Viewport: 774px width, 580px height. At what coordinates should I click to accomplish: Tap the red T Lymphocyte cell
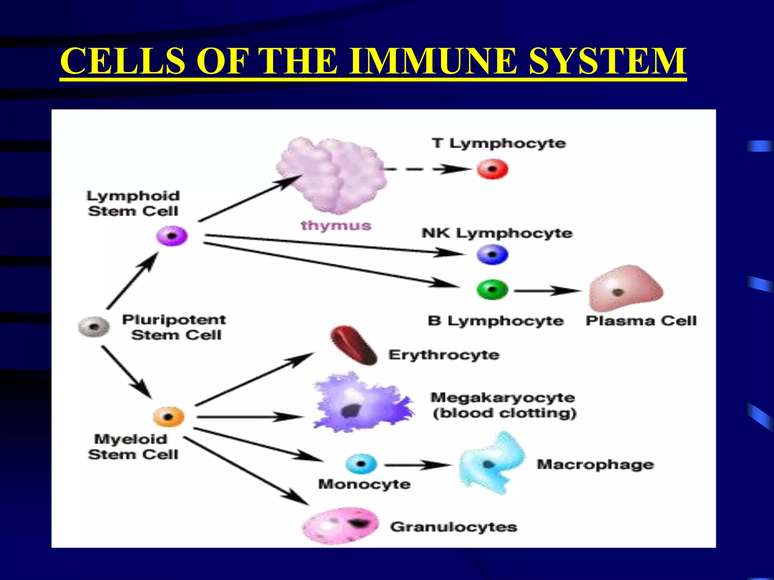pyautogui.click(x=492, y=169)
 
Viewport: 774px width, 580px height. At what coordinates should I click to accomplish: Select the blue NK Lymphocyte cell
pyautogui.click(x=492, y=255)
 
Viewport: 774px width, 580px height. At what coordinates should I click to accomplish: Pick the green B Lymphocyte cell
pyautogui.click(x=492, y=290)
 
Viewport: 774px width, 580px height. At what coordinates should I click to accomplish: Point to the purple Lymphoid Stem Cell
pyautogui.click(x=172, y=236)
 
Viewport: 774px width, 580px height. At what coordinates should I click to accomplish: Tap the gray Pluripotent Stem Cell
pyautogui.click(x=94, y=327)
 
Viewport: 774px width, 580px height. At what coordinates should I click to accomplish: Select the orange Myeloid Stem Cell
pyautogui.click(x=169, y=417)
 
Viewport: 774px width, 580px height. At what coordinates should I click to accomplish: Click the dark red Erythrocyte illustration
pyautogui.click(x=353, y=346)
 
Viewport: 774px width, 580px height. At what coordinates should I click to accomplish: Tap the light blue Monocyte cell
pyautogui.click(x=361, y=464)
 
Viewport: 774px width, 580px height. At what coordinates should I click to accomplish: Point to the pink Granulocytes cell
pyautogui.click(x=340, y=526)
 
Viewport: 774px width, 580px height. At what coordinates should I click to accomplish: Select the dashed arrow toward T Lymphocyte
pyautogui.click(x=427, y=169)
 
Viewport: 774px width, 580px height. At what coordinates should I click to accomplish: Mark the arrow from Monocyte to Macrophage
pyautogui.click(x=418, y=465)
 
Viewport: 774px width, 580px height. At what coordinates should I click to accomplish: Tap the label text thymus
pyautogui.click(x=336, y=225)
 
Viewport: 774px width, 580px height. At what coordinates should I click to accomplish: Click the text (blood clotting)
pyautogui.click(x=504, y=413)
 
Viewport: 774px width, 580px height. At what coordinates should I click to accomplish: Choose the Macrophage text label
pyautogui.click(x=595, y=464)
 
